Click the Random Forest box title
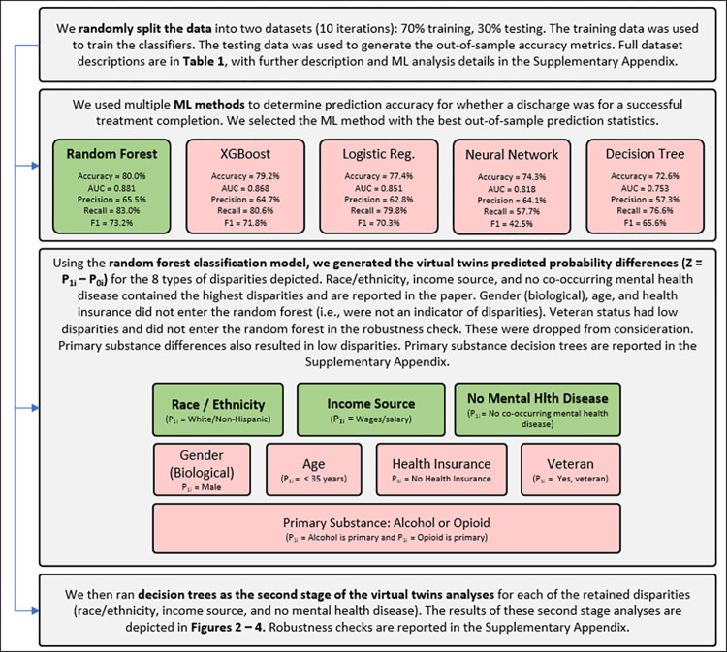(x=111, y=154)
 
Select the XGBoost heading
(x=245, y=154)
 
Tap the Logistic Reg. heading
(x=378, y=154)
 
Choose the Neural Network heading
(x=512, y=155)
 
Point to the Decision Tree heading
(x=645, y=154)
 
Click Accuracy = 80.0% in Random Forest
(x=111, y=176)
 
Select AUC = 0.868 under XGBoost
(x=245, y=188)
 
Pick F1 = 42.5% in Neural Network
(x=512, y=224)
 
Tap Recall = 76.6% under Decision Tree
(x=645, y=211)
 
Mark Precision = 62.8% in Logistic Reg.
(x=378, y=200)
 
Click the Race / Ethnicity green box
(x=218, y=410)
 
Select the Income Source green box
(x=371, y=410)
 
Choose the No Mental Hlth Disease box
(x=537, y=410)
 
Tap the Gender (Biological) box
(x=202, y=470)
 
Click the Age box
(x=314, y=470)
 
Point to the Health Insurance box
(x=441, y=470)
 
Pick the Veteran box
(x=570, y=470)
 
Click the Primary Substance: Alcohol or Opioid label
(x=386, y=523)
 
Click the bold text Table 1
(x=204, y=61)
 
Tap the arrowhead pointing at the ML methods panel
(x=35, y=166)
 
